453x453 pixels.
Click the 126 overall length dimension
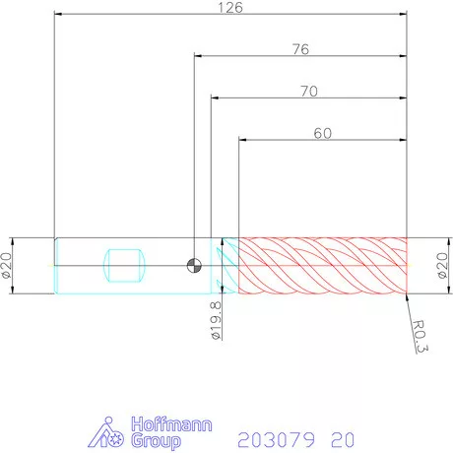tap(230, 8)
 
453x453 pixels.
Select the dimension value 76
tap(300, 49)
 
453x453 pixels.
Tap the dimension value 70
tap(309, 92)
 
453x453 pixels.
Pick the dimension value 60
tap(323, 133)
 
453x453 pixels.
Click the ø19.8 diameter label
tap(216, 321)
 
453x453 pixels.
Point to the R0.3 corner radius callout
tap(421, 337)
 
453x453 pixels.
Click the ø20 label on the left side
tap(7, 266)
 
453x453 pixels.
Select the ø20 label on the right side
tap(442, 266)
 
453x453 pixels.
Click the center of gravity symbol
tap(194, 266)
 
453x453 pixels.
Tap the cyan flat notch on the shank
tap(124, 266)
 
